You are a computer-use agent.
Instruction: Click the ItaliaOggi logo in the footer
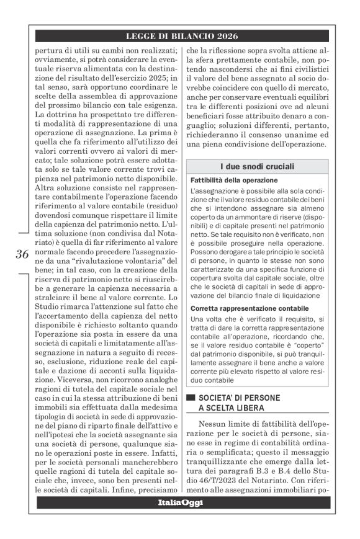180,502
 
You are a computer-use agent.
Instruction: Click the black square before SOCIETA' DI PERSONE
191,397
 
